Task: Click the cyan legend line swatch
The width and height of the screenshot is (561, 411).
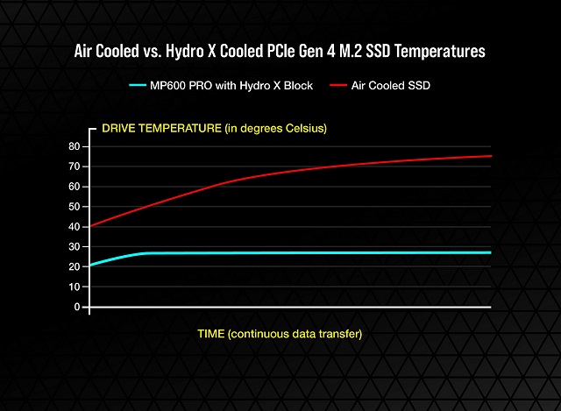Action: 144,85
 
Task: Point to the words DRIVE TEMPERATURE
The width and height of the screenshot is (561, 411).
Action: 162,129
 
